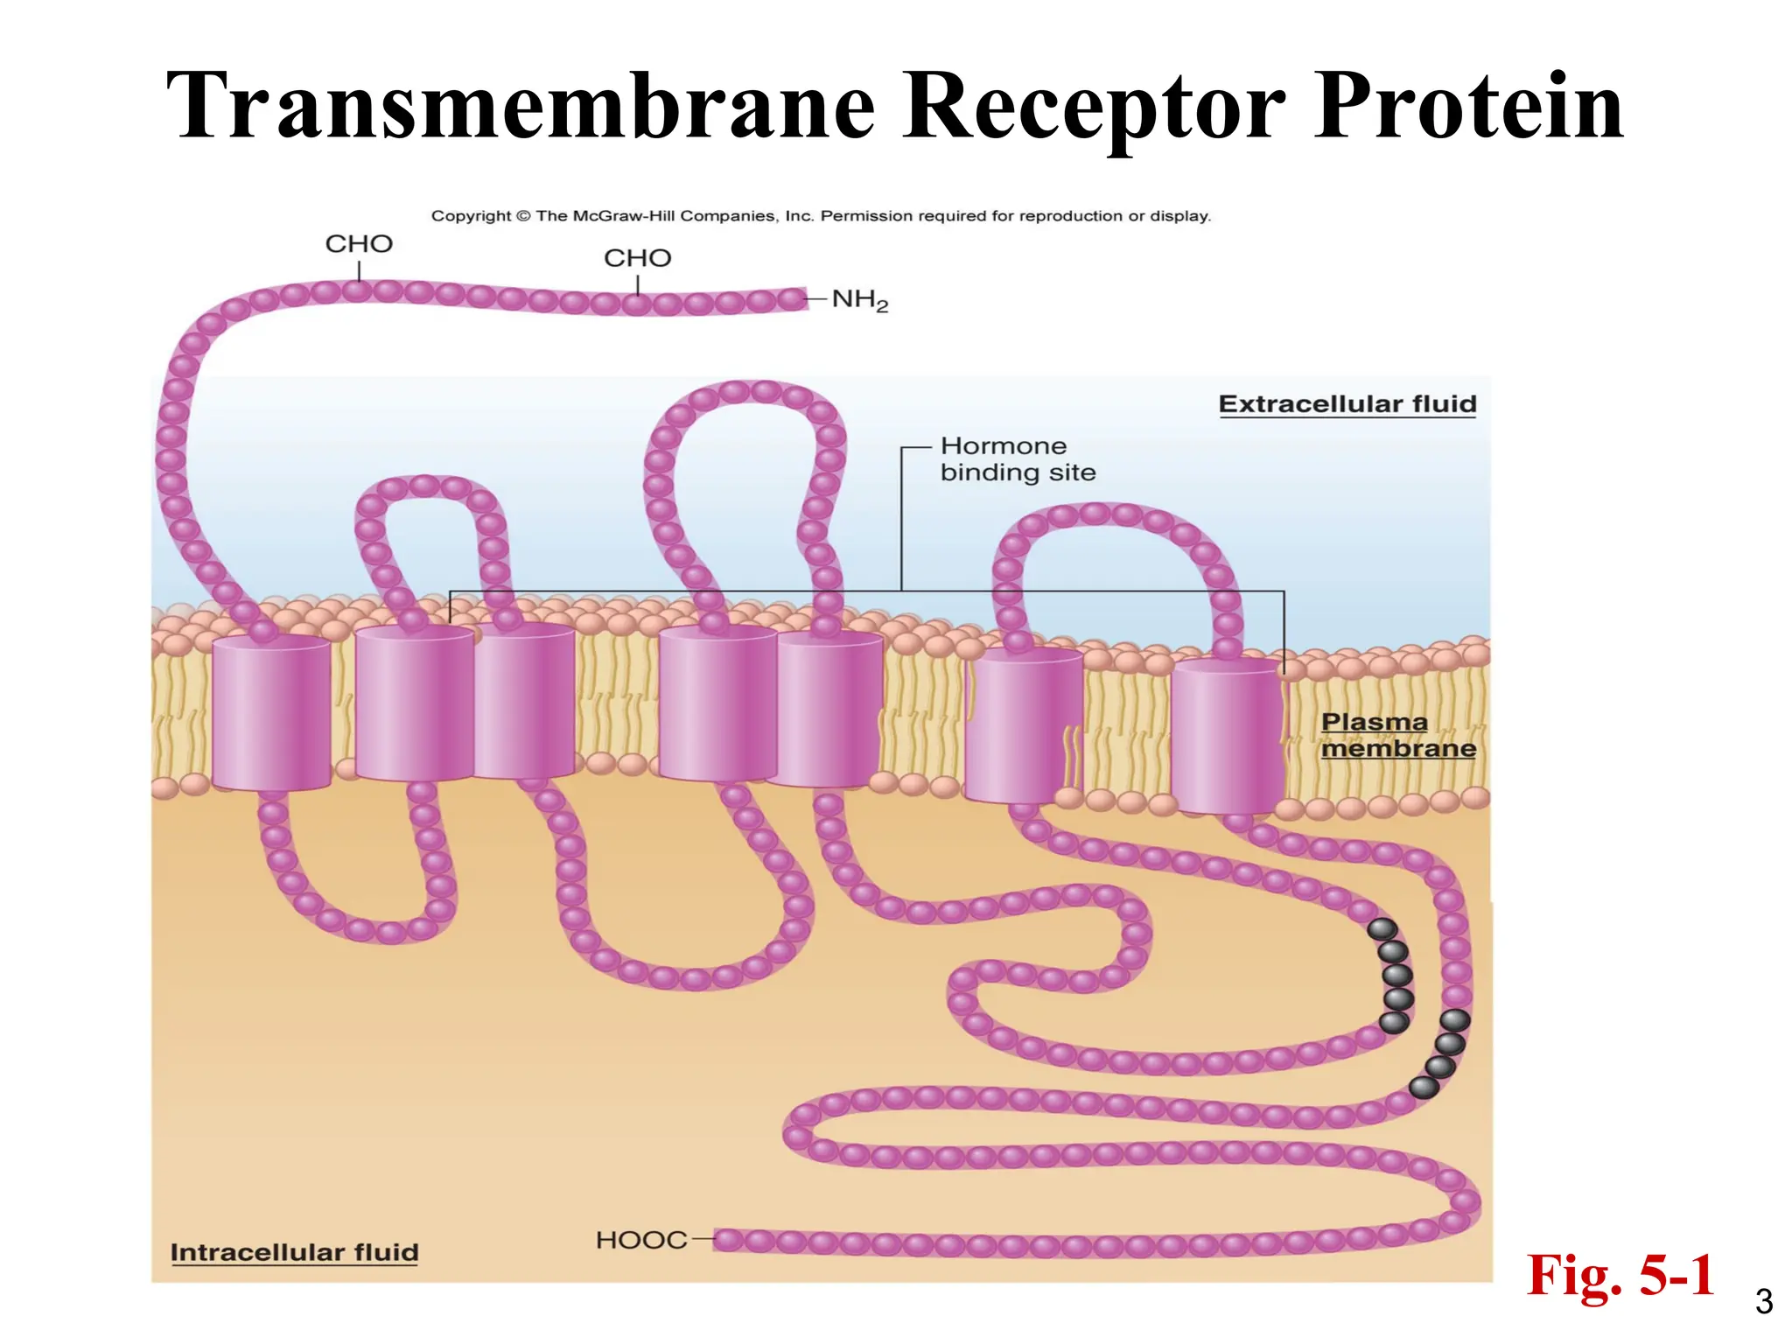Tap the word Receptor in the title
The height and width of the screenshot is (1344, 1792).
[1094, 106]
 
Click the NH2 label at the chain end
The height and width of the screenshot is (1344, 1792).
[859, 300]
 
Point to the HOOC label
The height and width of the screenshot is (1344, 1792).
[641, 1240]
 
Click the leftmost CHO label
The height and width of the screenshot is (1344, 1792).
[359, 243]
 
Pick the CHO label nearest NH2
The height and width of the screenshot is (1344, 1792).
[637, 258]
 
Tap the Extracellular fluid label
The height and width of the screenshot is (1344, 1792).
[1347, 404]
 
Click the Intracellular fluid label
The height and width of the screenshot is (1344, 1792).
[294, 1252]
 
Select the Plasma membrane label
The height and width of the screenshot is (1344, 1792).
[1397, 735]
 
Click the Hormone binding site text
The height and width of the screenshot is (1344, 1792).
[1017, 459]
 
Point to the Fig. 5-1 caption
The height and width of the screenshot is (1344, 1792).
[1620, 1275]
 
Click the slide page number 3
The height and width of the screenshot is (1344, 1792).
[1764, 1302]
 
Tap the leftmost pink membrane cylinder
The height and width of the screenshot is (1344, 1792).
[271, 712]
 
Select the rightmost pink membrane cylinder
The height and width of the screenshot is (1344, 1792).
[1227, 735]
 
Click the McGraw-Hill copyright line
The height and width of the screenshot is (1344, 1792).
[821, 216]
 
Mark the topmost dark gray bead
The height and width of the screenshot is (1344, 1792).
[1382, 929]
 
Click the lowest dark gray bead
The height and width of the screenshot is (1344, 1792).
[1424, 1088]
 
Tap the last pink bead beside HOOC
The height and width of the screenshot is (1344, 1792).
[727, 1240]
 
